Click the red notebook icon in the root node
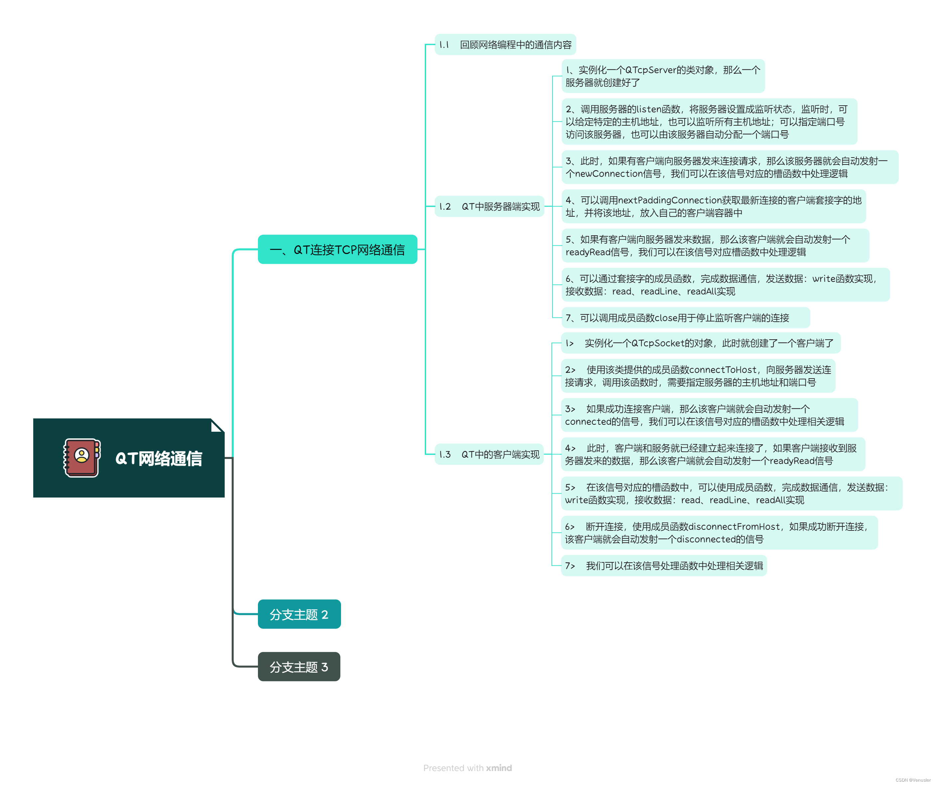click(81, 458)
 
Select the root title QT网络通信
click(159, 459)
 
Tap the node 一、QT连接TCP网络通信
click(337, 250)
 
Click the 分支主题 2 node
click(299, 614)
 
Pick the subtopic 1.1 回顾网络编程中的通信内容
click(505, 45)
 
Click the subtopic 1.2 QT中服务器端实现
click(489, 206)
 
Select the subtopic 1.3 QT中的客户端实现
click(489, 454)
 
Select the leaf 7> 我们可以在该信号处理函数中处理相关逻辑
click(664, 566)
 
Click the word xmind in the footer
click(499, 768)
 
